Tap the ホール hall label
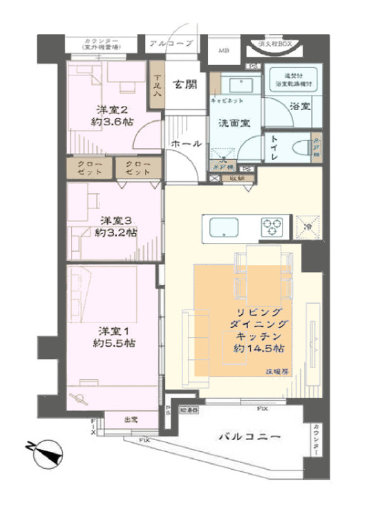187,144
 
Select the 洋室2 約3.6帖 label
113,115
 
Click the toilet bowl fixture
300,147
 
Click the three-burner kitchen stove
272,226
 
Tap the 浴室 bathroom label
299,108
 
